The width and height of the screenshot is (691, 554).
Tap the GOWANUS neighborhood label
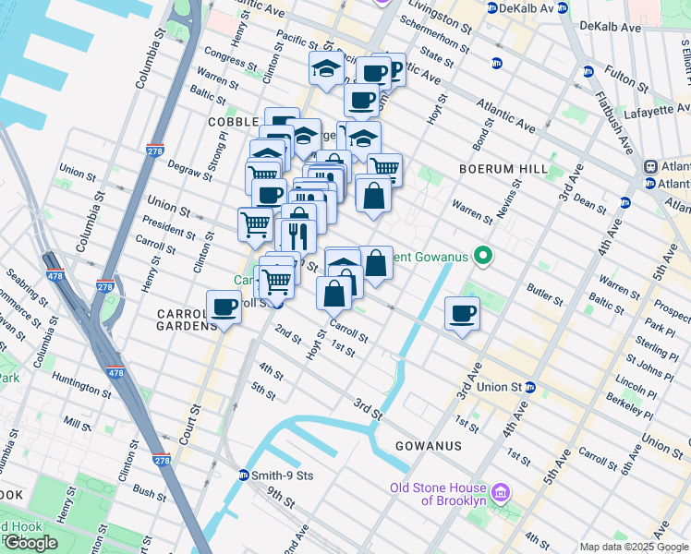point(428,446)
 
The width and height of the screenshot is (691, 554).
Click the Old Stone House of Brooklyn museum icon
point(500,494)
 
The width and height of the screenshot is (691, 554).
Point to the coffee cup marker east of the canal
point(463,314)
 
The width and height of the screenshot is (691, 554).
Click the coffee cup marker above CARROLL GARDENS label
point(224,307)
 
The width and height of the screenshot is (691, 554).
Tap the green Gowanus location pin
point(481,256)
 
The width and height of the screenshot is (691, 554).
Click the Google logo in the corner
point(30,543)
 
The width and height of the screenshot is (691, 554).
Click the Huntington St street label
point(82,378)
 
